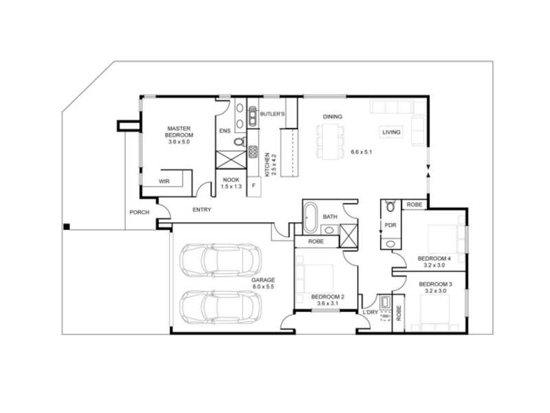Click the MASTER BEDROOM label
[179, 131]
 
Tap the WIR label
[164, 182]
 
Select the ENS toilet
[239, 142]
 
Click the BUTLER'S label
[272, 114]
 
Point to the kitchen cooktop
[253, 151]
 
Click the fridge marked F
[254, 186]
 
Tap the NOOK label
[231, 180]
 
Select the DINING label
[333, 116]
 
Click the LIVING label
[391, 132]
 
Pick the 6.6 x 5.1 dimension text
[362, 152]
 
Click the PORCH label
[140, 213]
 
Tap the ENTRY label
[201, 210]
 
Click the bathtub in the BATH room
[311, 218]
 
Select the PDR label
[390, 225]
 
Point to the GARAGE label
[263, 280]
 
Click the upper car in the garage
[220, 261]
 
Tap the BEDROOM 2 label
[328, 297]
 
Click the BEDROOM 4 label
[434, 259]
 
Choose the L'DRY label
[371, 313]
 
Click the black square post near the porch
[66, 227]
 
